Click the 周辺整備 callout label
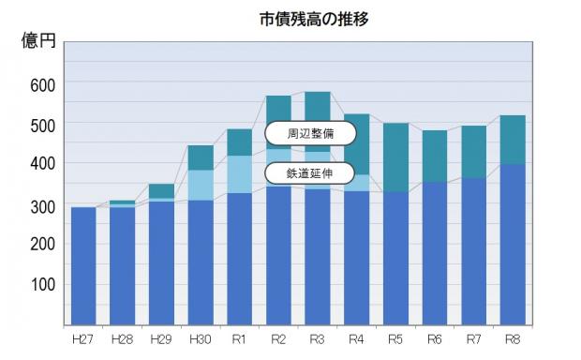310,134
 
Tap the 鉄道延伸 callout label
310,173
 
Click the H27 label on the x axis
82,337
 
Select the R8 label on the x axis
512,337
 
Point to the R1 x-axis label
239,337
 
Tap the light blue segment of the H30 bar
200,185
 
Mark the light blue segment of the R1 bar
239,174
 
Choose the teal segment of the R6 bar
434,156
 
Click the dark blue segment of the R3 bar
317,258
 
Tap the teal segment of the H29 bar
161,190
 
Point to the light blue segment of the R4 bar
356,183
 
